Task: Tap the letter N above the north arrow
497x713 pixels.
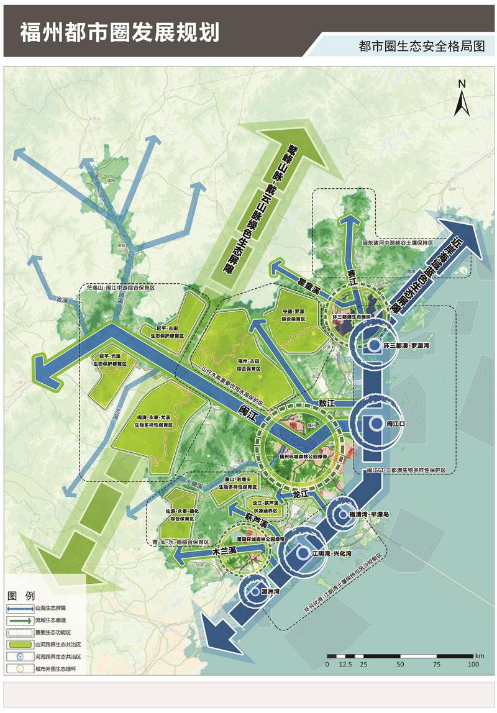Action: (462, 83)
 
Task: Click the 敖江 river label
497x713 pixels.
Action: (327, 403)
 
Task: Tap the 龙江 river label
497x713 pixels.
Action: (301, 494)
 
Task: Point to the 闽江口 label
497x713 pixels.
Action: (396, 423)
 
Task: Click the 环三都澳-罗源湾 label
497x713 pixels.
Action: (407, 345)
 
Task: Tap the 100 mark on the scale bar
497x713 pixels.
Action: (473, 664)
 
